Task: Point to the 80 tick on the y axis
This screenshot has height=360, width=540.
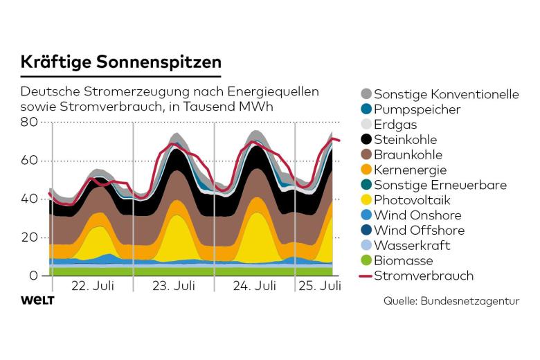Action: coord(29,122)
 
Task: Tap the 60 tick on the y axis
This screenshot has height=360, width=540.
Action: coord(29,161)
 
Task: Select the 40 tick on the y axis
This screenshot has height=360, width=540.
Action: coord(29,199)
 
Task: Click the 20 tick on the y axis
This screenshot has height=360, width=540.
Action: coord(29,237)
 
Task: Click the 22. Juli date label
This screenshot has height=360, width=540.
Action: coord(93,285)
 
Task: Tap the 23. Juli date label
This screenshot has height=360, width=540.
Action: coord(174,285)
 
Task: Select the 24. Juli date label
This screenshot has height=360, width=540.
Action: coord(255,285)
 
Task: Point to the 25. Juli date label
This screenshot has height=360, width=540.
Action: coord(321,285)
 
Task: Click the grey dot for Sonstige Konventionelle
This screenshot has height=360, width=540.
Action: coord(366,94)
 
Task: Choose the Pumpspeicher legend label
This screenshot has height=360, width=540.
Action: coord(417,109)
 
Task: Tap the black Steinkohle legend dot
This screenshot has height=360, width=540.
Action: coord(366,140)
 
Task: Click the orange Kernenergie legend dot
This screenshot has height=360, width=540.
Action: coord(366,170)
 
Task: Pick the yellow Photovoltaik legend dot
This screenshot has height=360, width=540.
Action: coord(366,200)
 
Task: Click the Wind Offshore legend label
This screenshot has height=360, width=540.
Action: coord(419,231)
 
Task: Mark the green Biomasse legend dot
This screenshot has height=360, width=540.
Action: coord(366,261)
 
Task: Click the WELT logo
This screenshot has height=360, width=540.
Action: coord(37,300)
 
